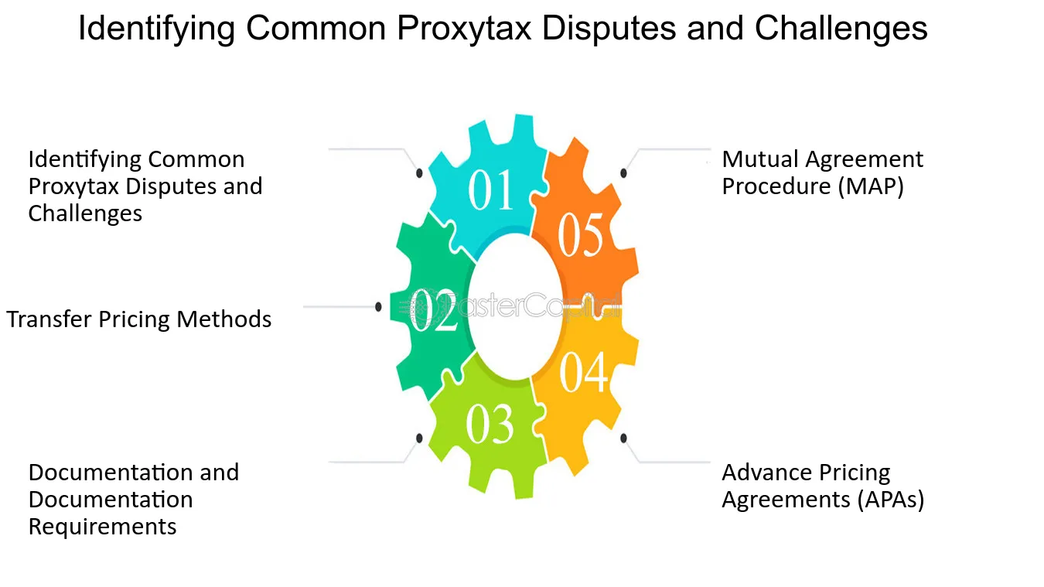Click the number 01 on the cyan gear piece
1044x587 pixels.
tap(490, 189)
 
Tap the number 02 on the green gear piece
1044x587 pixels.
tap(433, 310)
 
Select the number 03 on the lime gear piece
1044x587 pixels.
tap(490, 423)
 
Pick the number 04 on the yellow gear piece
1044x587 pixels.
tap(584, 372)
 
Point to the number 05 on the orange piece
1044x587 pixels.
tap(581, 234)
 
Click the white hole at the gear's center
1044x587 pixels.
tap(515, 307)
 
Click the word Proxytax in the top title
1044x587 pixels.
tap(464, 28)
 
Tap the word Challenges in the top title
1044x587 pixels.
tap(841, 28)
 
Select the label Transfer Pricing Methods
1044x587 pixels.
tap(139, 319)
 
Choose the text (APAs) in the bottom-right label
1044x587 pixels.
tap(891, 500)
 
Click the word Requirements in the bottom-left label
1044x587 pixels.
tap(103, 527)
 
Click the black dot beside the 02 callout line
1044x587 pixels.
tap(378, 306)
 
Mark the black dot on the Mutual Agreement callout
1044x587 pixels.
tap(623, 173)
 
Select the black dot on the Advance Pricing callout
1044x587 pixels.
tap(623, 438)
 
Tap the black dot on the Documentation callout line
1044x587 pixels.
tap(419, 438)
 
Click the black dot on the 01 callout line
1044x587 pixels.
tap(419, 173)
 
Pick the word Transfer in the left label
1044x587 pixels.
tap(49, 319)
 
